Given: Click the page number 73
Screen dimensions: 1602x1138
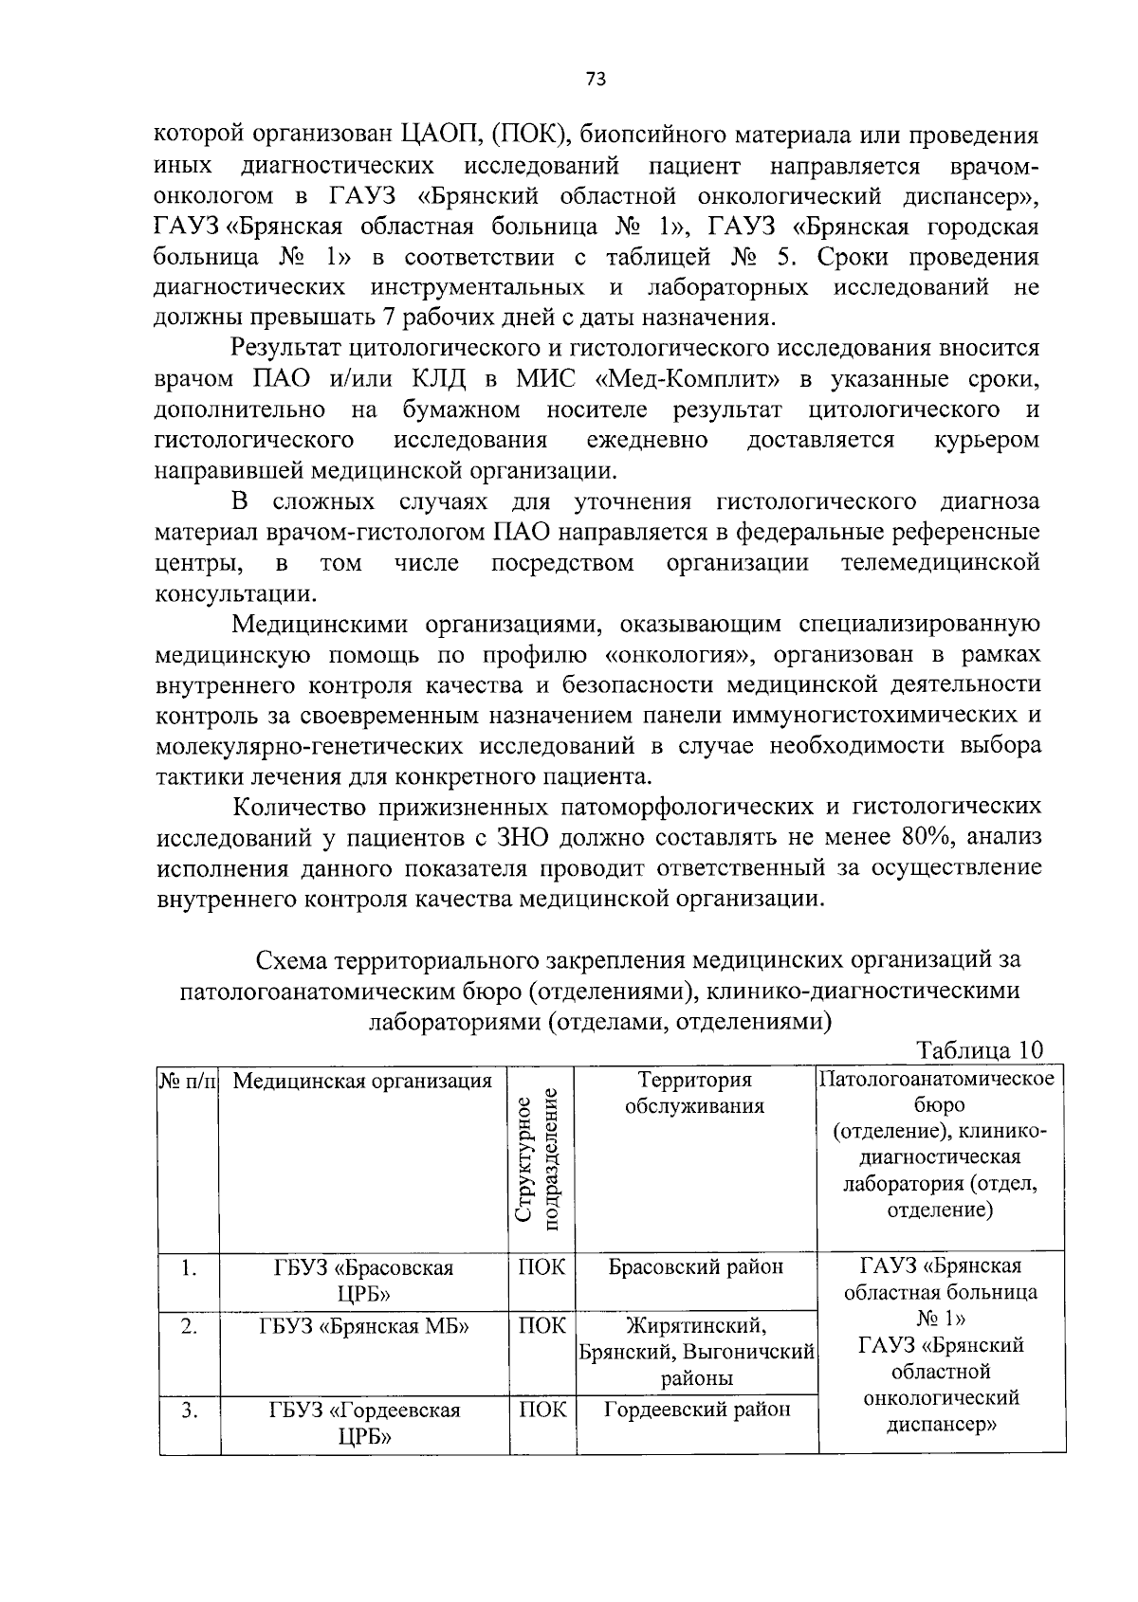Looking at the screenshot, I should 596,80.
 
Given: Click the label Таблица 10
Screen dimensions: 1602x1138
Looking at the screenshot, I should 980,1050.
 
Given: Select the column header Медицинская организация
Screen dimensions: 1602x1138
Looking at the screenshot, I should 362,1081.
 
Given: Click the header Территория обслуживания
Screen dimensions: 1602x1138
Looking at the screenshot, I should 695,1093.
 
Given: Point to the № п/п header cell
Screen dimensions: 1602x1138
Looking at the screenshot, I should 188,1081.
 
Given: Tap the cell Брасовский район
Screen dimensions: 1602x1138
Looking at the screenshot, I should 695,1267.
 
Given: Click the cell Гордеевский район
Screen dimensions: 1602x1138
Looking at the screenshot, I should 697,1410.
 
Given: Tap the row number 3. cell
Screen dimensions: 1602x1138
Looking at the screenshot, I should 190,1411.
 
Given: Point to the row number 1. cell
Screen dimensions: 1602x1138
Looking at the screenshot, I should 190,1268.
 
